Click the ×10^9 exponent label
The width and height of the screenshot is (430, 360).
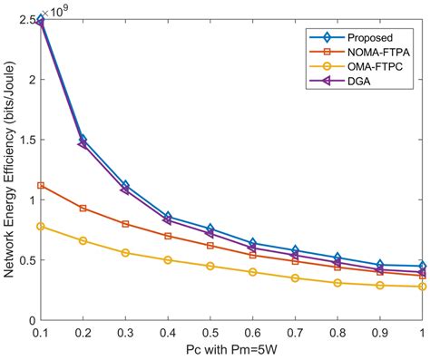55,10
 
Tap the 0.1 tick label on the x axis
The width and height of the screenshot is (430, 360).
40,333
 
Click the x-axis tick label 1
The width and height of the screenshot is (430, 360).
423,333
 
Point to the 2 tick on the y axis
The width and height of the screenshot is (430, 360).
31,80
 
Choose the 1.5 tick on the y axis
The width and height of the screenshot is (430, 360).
26,140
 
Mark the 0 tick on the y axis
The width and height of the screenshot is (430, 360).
31,320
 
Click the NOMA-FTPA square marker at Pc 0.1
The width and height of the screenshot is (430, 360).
41,186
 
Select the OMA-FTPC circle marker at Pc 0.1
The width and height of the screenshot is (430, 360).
41,227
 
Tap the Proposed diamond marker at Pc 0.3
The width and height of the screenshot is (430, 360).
125,185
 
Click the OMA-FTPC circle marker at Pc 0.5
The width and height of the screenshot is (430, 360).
210,266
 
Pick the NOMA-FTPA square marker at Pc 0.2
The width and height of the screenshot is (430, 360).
83,209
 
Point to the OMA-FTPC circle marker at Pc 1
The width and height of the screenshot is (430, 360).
423,287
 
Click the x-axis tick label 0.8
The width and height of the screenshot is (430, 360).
337,333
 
